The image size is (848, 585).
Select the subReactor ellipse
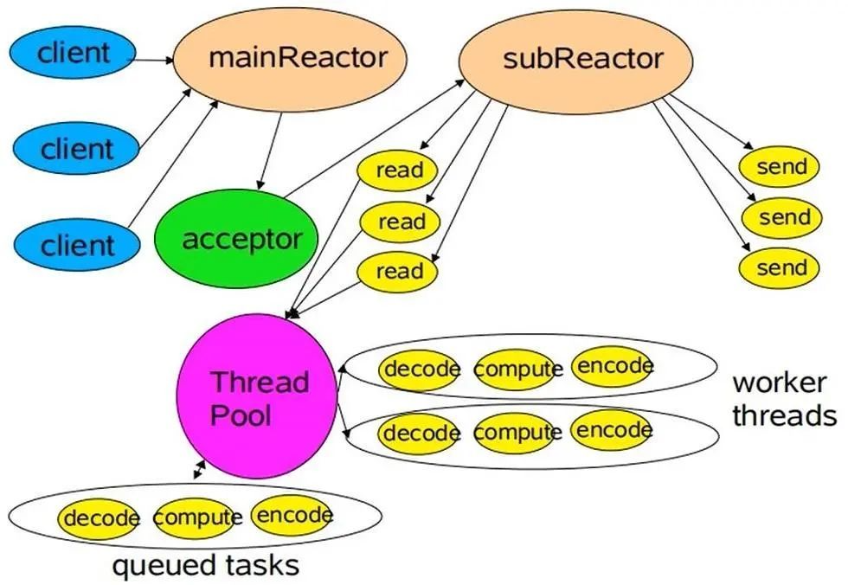575,59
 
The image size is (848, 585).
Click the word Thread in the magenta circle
260,382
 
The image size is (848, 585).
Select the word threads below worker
784,415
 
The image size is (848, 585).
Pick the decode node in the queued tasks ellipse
100,519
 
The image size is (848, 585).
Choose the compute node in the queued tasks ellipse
197,517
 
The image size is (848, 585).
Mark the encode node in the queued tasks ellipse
293,516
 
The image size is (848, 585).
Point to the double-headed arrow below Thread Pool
200,469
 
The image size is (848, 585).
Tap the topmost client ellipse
74,53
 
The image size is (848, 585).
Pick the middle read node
400,222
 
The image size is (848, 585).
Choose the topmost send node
781,167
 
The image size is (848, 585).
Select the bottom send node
781,268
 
